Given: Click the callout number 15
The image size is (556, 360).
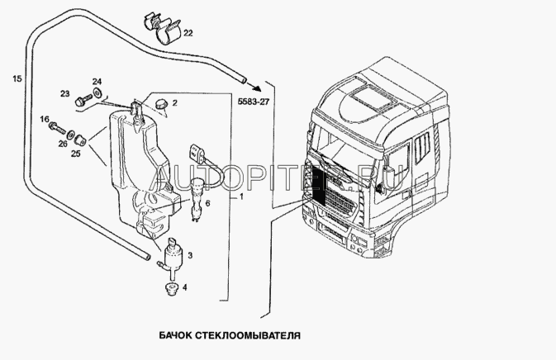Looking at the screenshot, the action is [x=17, y=78].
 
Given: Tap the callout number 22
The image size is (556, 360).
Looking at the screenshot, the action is [x=188, y=33].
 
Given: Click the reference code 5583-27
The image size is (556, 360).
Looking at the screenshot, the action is [x=254, y=102].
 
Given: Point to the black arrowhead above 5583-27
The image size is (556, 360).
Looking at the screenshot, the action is [x=258, y=88].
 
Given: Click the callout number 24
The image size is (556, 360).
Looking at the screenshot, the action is [x=97, y=82].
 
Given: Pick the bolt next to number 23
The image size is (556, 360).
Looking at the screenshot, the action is [x=83, y=100].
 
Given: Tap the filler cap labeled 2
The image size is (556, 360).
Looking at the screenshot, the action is [x=162, y=104].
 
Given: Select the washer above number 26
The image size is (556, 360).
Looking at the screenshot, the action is [x=70, y=134].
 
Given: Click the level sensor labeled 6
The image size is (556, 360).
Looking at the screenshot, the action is [x=196, y=200].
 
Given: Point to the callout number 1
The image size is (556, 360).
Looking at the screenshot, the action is [x=241, y=197].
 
